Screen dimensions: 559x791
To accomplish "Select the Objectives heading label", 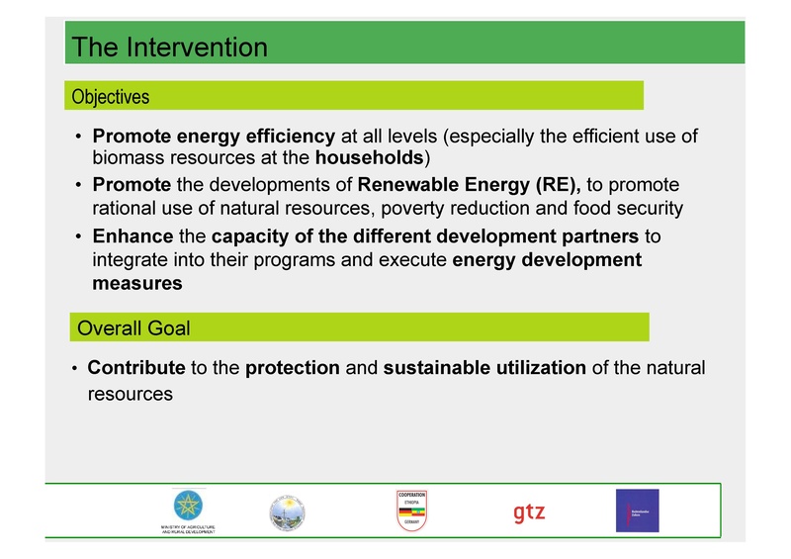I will point(109,97).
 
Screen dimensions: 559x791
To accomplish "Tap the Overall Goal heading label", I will point(133,327).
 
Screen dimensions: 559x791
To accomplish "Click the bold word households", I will point(369,158).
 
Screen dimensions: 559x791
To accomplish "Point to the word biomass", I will point(127,158).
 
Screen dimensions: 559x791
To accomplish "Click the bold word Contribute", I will point(136,368).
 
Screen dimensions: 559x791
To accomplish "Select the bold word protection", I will point(293,368).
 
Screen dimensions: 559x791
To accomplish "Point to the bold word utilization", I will point(540,368).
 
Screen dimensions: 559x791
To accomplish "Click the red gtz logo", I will point(529,512).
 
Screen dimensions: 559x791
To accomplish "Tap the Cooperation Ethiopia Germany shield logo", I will point(410,511).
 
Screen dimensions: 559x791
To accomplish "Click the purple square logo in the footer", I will point(637,511).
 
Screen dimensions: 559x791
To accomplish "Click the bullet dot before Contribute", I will point(75,369).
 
